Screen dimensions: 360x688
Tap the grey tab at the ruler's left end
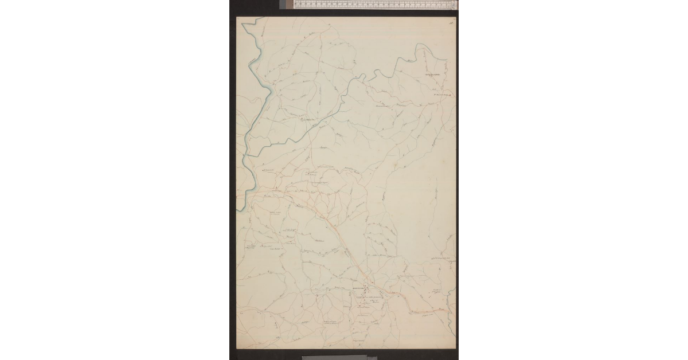[287, 5]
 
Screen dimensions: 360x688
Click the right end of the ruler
[454, 5]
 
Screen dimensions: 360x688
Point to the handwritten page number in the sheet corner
[451, 22]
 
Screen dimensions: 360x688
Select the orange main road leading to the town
[333, 229]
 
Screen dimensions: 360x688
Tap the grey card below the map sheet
[333, 357]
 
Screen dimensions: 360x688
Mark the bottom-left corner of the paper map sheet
[237, 347]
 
